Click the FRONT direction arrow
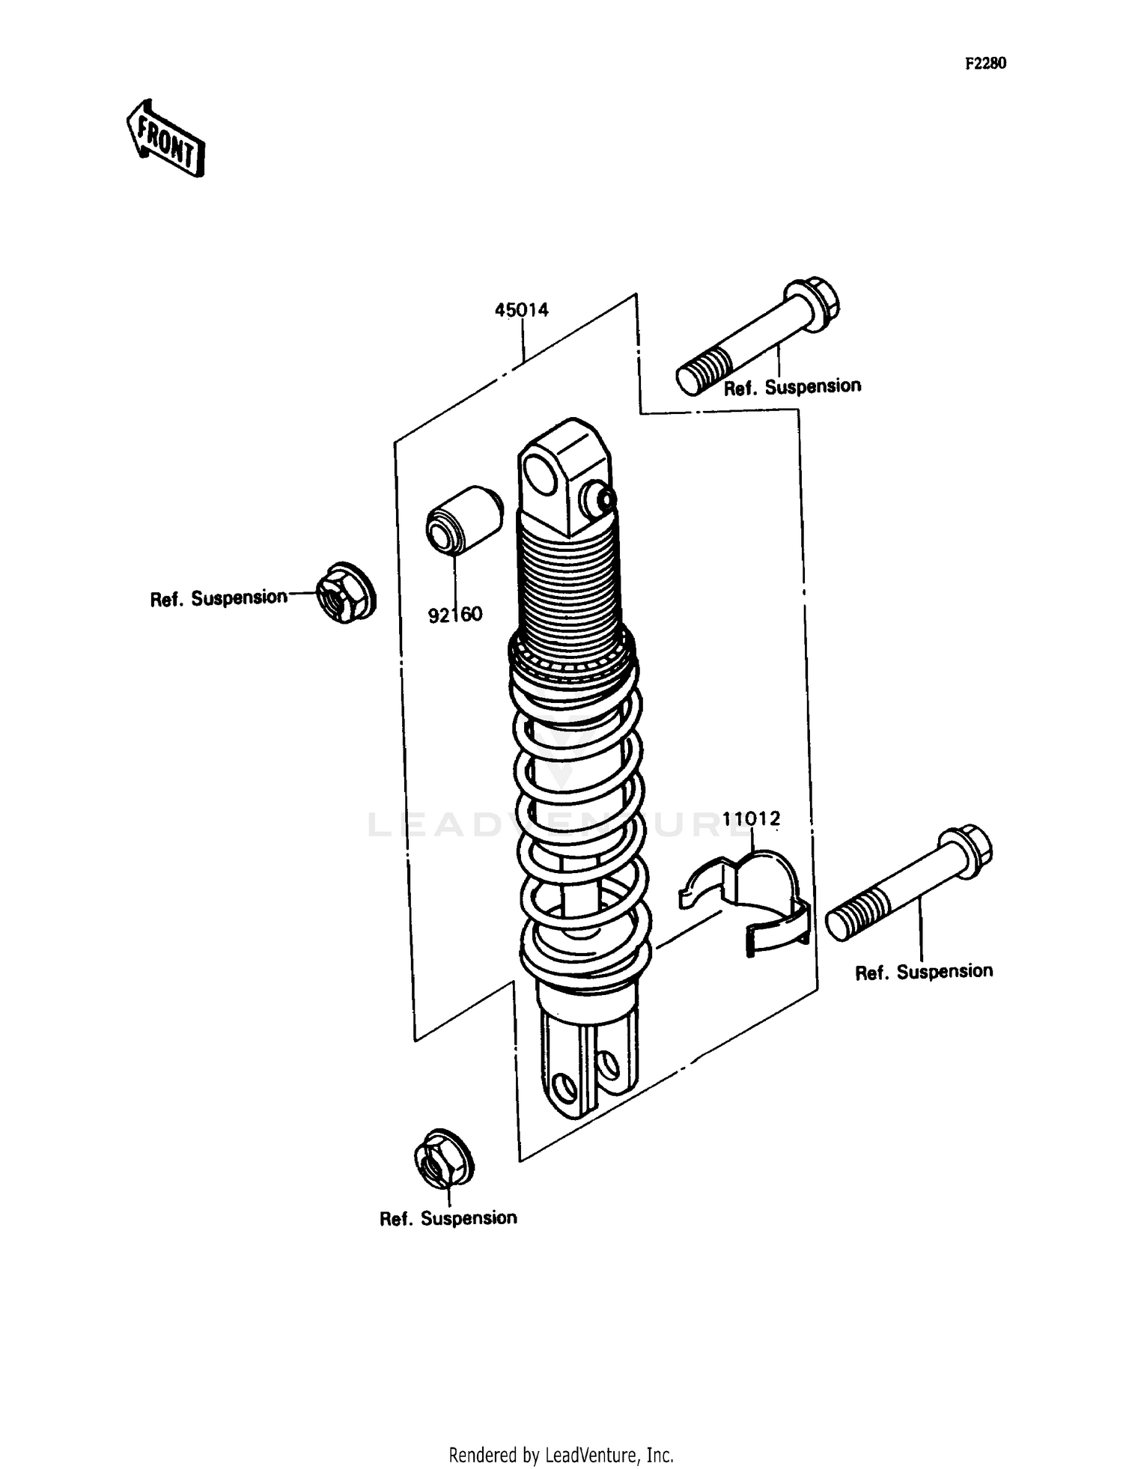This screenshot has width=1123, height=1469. point(165,139)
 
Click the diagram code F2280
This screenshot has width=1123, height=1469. point(984,64)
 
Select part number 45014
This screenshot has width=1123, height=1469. point(521,309)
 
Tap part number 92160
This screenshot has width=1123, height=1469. point(455,615)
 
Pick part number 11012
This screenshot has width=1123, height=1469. point(751,818)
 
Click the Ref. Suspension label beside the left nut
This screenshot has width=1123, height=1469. point(219,598)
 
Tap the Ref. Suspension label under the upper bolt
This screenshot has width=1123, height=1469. point(792,387)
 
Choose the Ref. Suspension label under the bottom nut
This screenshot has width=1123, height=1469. point(448,1218)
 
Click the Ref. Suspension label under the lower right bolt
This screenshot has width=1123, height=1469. point(924,972)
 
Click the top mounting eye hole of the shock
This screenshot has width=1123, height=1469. point(538,473)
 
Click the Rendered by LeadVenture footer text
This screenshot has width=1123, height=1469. point(561,1455)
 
